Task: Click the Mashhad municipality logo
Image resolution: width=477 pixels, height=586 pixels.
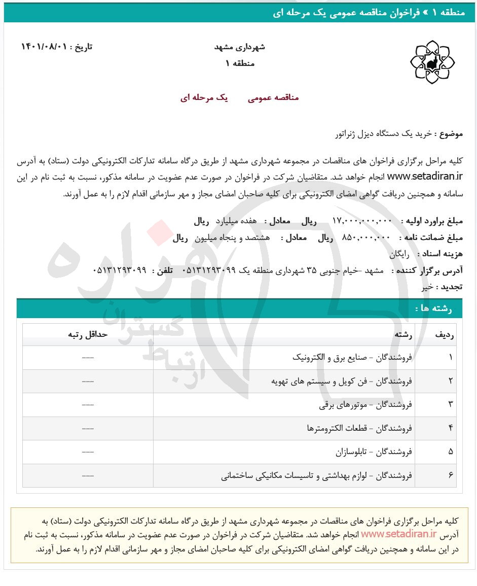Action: pos(432,62)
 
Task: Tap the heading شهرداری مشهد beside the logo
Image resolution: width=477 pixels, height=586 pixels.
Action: pos(240,47)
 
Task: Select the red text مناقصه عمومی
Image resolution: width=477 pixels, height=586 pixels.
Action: pos(273,98)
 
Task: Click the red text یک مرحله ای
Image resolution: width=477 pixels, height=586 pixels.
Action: pos(204,98)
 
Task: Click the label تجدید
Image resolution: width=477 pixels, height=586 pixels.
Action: pos(451,287)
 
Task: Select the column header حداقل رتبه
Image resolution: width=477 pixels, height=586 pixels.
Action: pos(88,335)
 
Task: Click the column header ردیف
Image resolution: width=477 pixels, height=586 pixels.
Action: pos(445,335)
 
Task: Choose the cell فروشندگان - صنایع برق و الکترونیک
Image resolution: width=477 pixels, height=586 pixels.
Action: pos(352,358)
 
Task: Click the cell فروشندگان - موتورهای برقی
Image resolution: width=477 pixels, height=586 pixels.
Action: pos(365,404)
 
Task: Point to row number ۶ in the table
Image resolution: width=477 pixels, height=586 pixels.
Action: pos(451,475)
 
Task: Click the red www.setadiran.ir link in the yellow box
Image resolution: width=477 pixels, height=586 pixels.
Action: pos(398,534)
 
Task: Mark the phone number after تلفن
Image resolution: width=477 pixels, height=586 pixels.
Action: pos(120,270)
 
